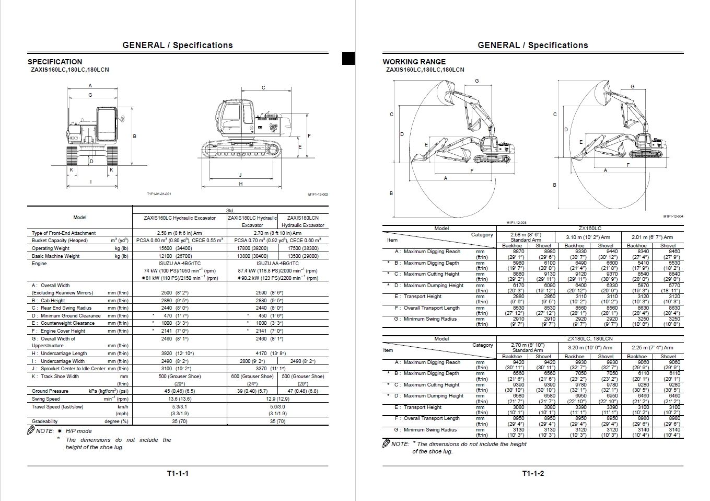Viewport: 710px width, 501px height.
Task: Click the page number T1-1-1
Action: [x=178, y=474]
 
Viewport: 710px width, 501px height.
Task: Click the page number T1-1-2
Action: [x=533, y=474]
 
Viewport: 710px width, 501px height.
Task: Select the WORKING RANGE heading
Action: [x=414, y=62]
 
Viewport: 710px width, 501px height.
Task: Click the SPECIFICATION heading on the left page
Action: [x=55, y=62]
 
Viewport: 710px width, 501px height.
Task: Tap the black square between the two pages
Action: [x=348, y=58]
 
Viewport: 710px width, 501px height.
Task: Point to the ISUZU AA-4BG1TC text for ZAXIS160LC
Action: [x=180, y=264]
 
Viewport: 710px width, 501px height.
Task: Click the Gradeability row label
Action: [x=45, y=422]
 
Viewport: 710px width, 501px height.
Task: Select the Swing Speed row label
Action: [x=46, y=399]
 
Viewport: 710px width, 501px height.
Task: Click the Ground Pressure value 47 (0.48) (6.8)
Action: [x=302, y=391]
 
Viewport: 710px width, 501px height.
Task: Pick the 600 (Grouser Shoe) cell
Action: [x=252, y=376]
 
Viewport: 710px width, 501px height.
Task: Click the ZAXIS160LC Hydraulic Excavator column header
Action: [x=180, y=218]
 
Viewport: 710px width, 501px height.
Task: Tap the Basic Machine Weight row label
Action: [x=56, y=256]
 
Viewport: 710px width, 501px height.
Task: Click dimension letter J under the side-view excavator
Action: [x=240, y=175]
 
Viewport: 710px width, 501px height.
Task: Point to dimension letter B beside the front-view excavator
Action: [x=134, y=136]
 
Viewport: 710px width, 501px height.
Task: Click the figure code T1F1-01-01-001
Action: [x=159, y=194]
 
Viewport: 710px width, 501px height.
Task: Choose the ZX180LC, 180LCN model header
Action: [x=590, y=339]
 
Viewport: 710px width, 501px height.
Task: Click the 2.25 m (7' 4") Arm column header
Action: [x=652, y=348]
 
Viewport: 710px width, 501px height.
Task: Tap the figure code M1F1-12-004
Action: [x=673, y=217]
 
